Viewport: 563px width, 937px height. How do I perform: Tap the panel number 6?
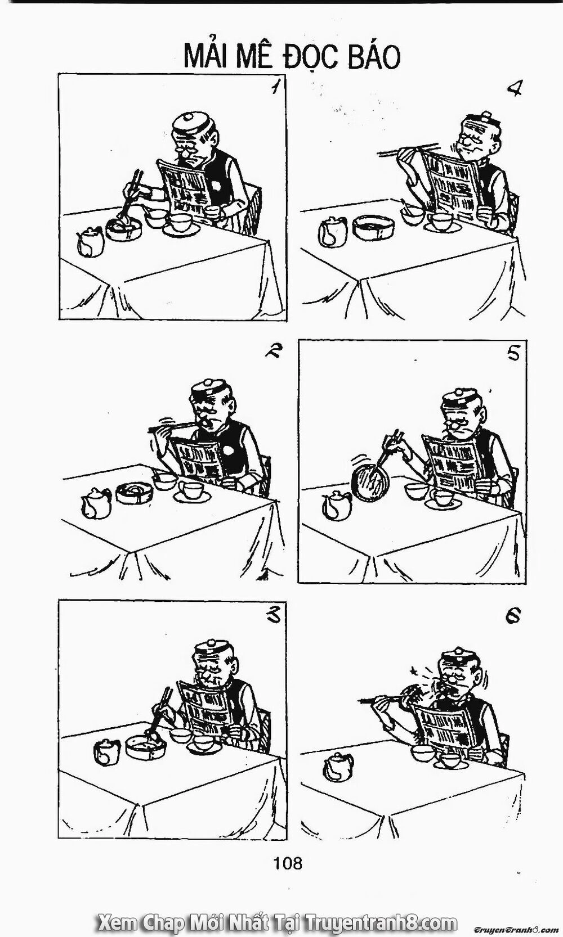[x=512, y=616]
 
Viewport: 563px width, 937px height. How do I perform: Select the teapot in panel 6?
[x=338, y=767]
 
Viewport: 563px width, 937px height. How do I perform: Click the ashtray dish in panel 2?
[x=135, y=493]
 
